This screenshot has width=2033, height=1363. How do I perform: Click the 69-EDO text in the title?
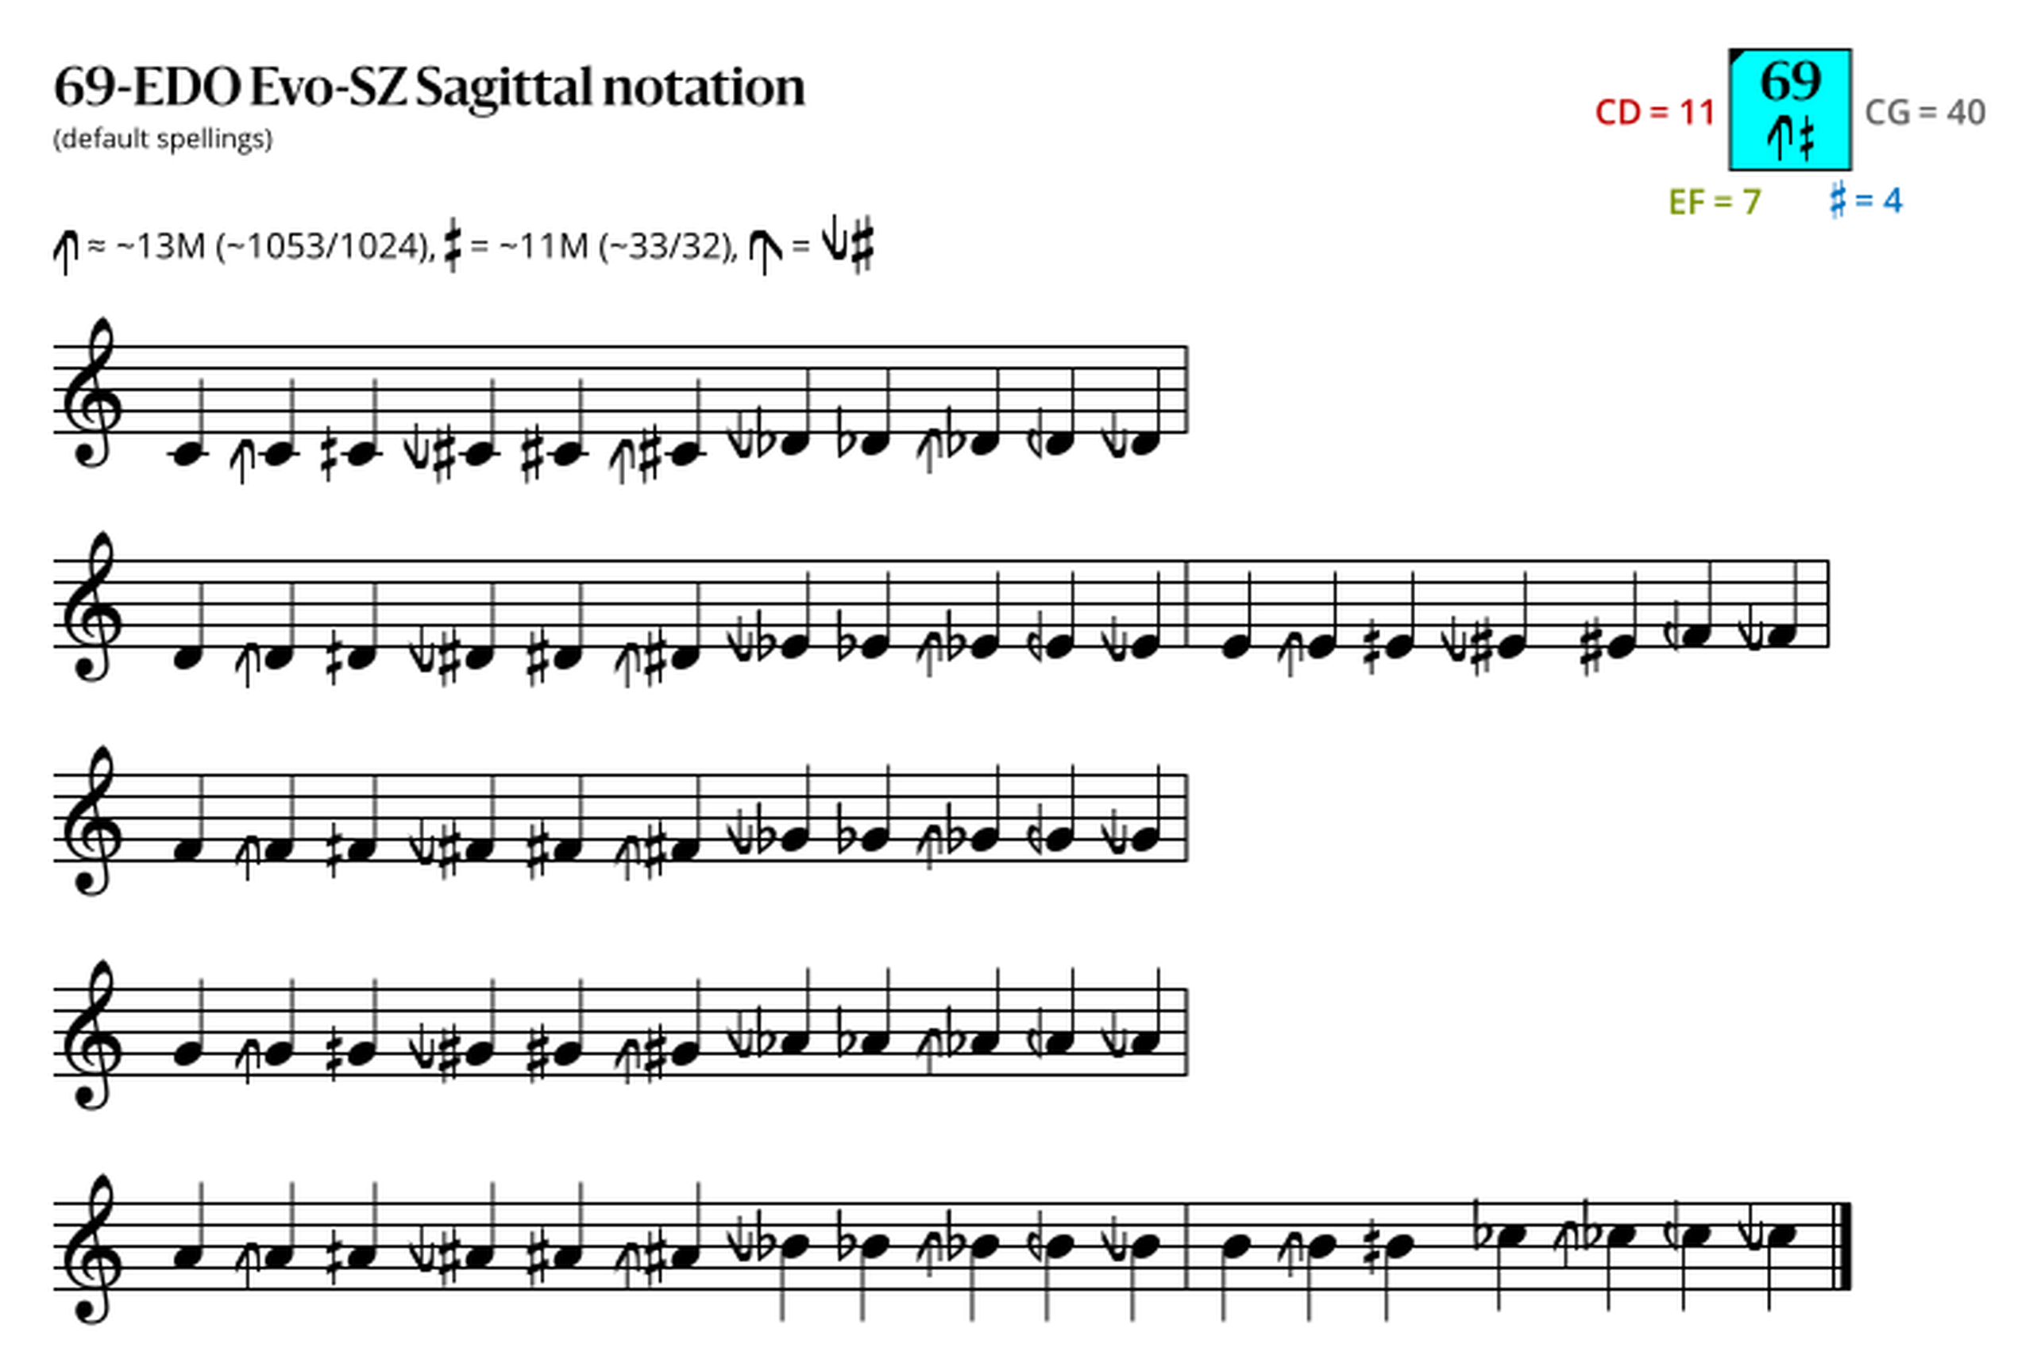tap(147, 87)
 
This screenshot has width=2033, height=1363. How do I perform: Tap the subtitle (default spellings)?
tap(163, 139)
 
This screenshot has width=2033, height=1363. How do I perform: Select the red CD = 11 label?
tap(1655, 112)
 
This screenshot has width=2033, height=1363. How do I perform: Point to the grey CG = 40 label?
tap(1925, 112)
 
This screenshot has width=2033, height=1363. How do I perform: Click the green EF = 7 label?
tap(1715, 202)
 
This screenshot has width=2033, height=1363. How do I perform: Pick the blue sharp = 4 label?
tap(1866, 200)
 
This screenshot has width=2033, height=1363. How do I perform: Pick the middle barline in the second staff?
tap(1188, 604)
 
